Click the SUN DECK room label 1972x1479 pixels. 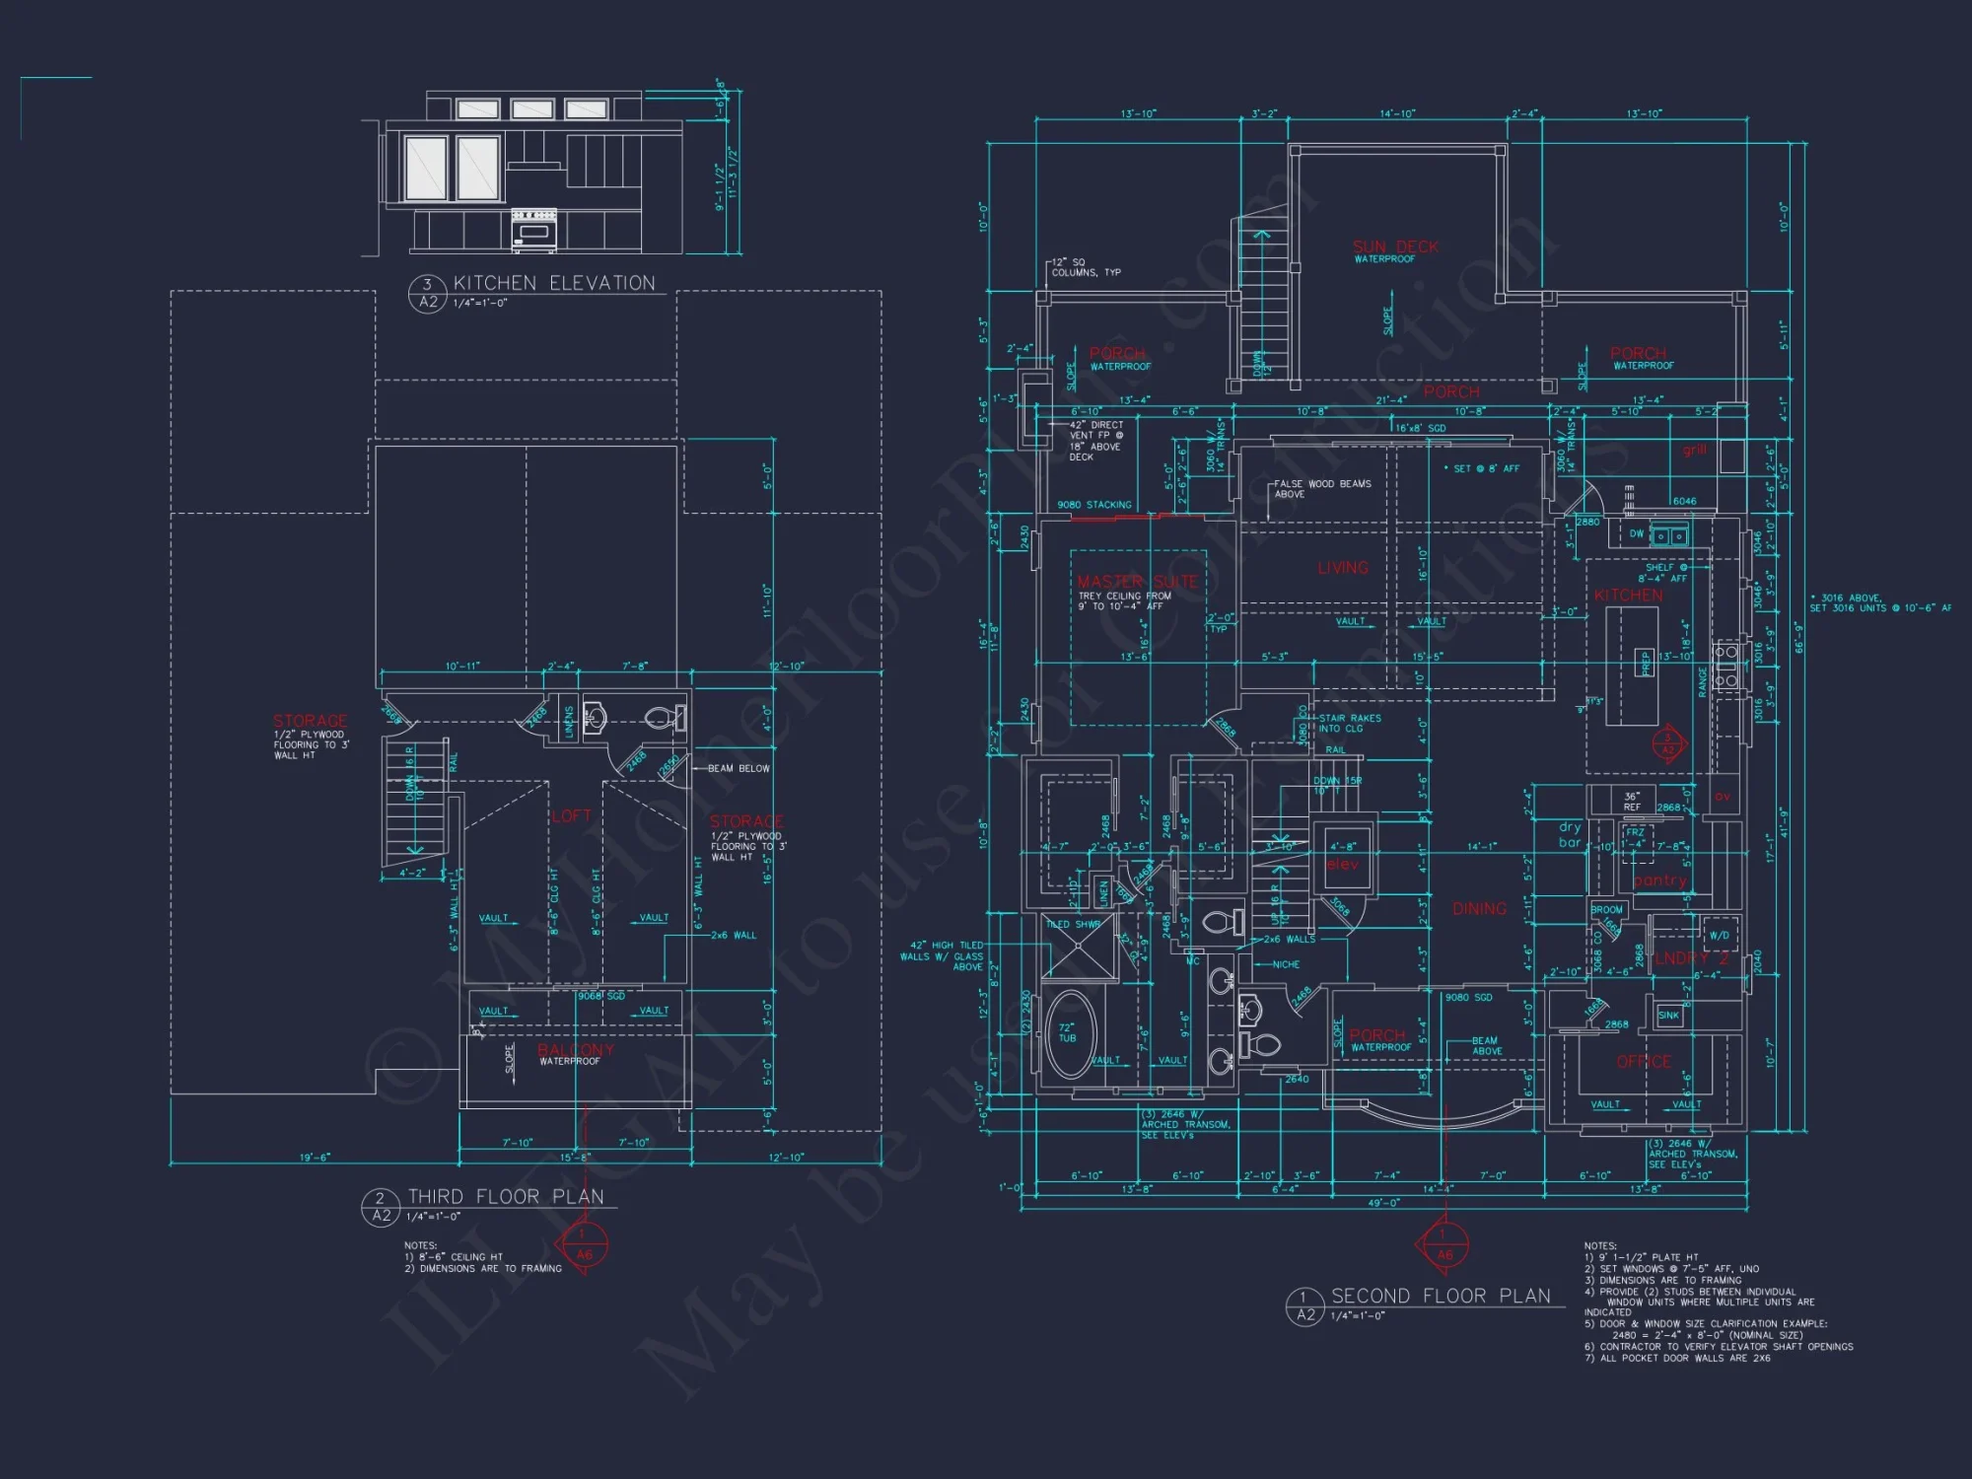1395,246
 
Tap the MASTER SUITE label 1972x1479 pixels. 1137,582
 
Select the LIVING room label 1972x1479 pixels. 1343,568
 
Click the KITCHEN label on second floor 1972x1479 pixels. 1628,596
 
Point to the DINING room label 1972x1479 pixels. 1479,908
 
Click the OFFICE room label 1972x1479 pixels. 1644,1062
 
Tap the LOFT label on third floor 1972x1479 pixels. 571,815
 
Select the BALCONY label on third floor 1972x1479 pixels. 576,1049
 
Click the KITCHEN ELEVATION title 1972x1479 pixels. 553,283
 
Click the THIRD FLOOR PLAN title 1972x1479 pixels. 506,1196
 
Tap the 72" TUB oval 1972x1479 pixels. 1069,1035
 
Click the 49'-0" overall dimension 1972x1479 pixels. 1383,1203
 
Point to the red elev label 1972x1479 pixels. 1342,865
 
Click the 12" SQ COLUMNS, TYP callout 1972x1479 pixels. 1086,267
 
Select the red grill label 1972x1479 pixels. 1694,450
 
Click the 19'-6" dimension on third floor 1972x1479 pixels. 315,1158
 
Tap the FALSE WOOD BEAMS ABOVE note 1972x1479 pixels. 1321,488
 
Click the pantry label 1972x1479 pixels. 1659,880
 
